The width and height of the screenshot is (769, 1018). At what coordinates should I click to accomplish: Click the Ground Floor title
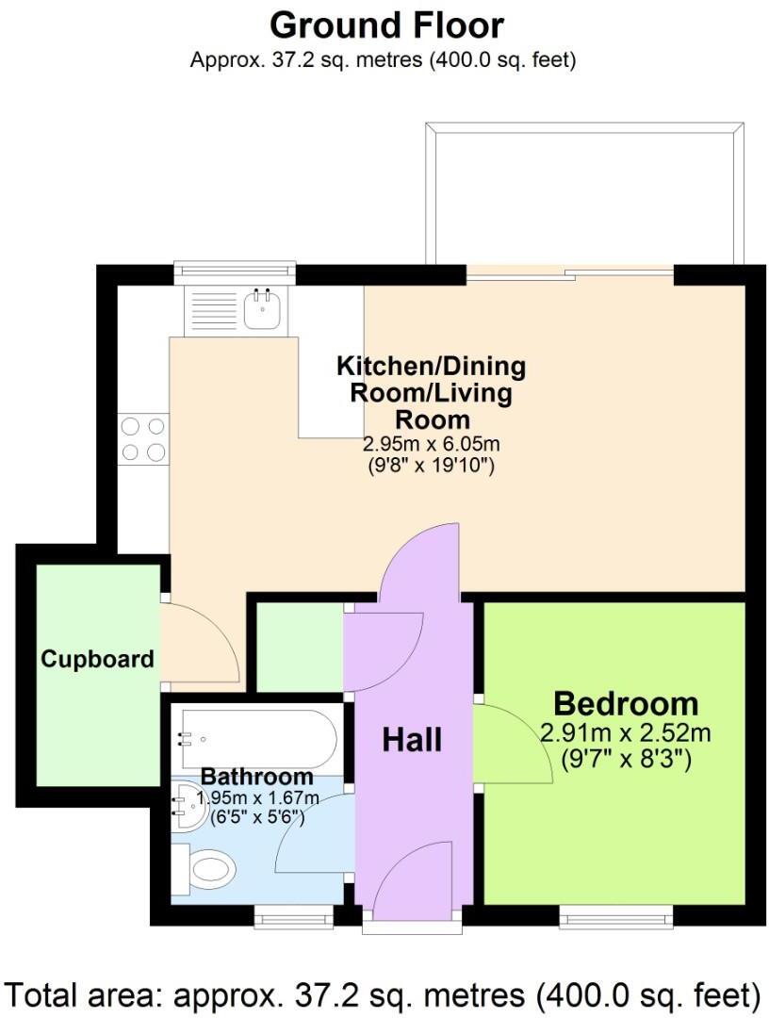(x=386, y=25)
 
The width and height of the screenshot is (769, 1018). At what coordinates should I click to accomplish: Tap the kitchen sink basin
(x=261, y=309)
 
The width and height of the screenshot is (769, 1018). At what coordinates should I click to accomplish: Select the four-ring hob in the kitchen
(x=143, y=439)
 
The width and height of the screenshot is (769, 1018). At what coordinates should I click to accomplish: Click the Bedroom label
(x=626, y=703)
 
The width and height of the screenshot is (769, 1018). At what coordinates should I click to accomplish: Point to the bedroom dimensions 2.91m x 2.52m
(x=626, y=733)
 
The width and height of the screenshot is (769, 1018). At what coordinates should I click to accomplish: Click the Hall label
(x=412, y=740)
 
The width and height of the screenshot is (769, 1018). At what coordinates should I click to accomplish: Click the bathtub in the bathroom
(x=254, y=740)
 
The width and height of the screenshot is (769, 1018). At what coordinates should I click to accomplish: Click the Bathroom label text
(x=257, y=777)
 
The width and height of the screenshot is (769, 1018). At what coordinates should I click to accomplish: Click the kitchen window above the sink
(x=235, y=271)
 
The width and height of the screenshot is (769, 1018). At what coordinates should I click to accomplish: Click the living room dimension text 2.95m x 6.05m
(x=431, y=444)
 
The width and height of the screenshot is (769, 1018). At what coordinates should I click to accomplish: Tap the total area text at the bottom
(x=384, y=993)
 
